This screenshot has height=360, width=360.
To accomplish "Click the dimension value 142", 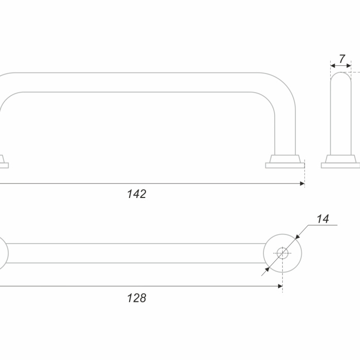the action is point(137,194).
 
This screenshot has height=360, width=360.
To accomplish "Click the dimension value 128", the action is point(137,298).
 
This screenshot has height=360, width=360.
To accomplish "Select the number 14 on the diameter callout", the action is point(323,219).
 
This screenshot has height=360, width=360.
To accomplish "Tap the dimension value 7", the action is point(342,59).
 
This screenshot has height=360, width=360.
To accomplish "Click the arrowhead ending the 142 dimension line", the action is point(302,184).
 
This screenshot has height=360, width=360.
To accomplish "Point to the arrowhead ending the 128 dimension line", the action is point(280,286).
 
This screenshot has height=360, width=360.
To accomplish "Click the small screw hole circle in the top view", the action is point(282,253).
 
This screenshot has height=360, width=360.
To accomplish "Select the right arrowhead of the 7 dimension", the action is point(349,66).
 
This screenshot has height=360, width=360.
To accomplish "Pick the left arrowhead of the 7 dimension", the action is point(333,66).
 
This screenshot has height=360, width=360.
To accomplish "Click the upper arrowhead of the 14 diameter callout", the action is point(298,237).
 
